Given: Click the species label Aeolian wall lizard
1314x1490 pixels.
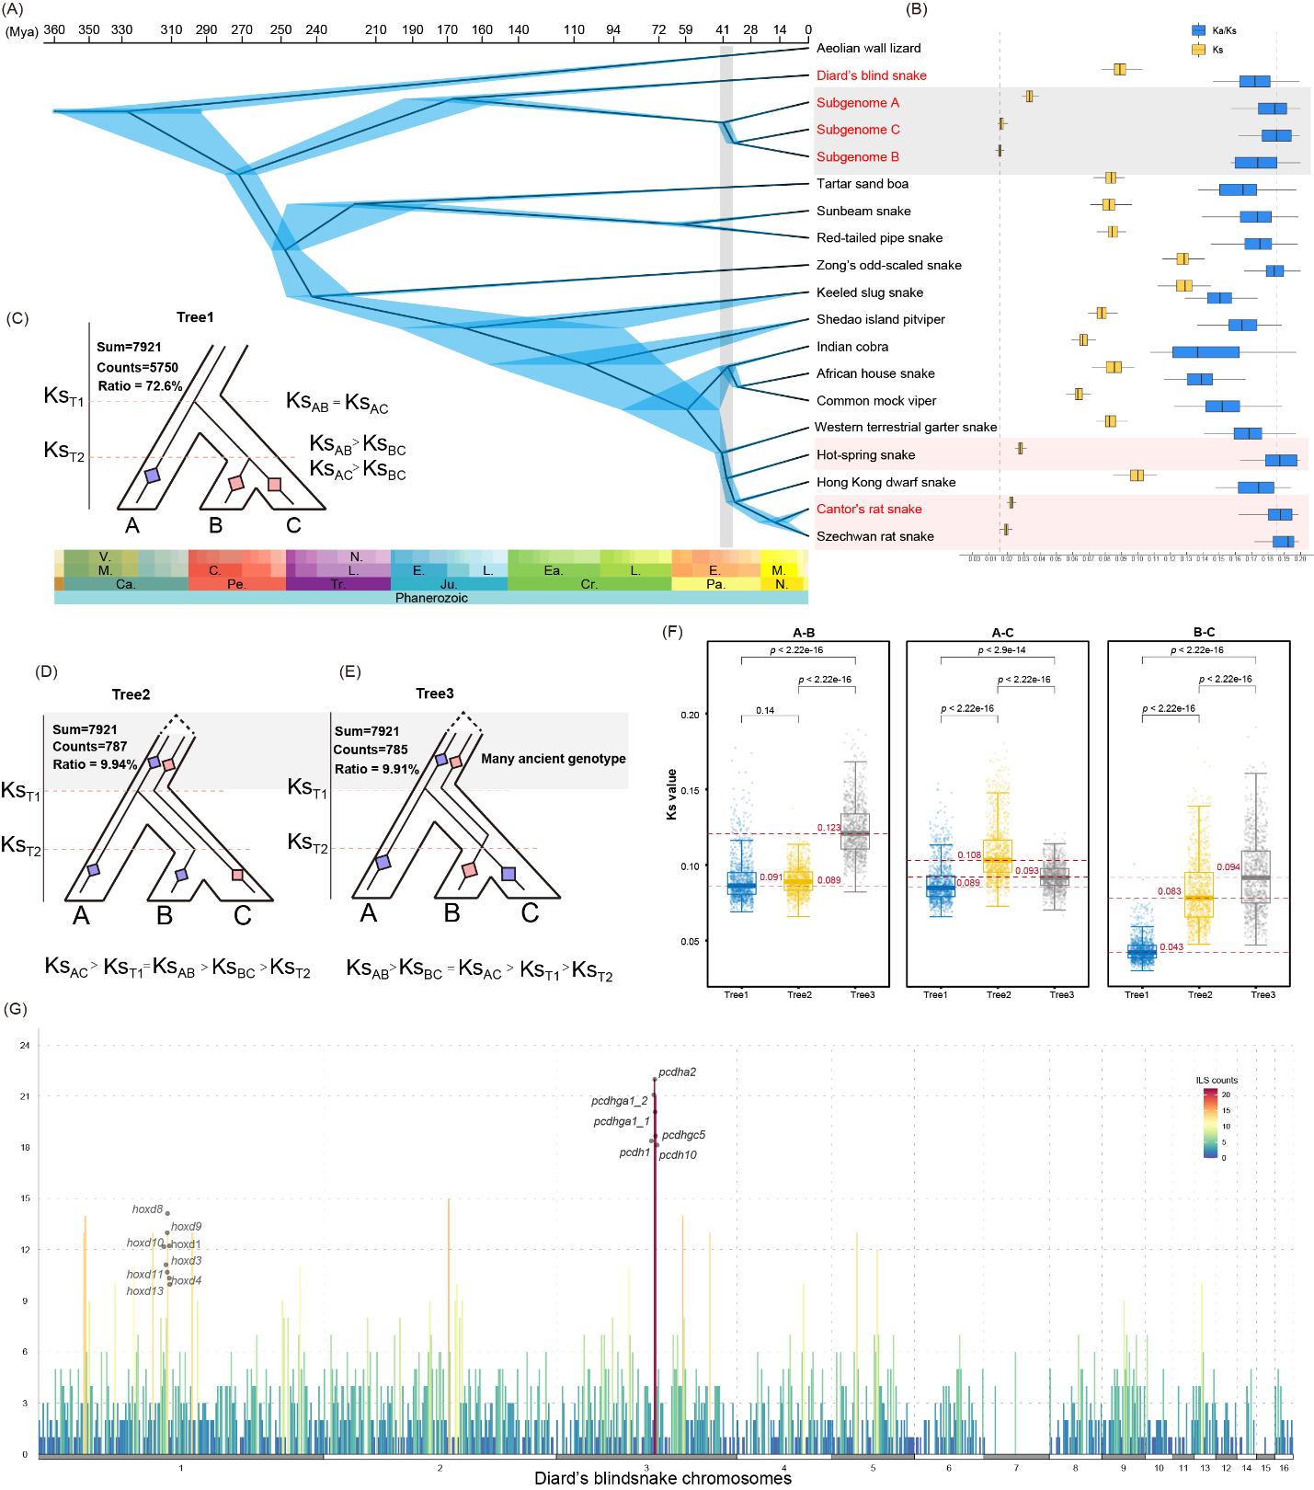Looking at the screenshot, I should pos(868,48).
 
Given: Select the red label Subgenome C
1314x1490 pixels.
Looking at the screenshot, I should pos(858,130).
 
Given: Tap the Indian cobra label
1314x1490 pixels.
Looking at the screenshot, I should pos(852,347).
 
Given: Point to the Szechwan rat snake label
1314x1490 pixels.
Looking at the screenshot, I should pos(874,536).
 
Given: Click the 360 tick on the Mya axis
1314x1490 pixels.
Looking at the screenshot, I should pos(54,30).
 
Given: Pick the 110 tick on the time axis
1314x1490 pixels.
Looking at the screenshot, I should pos(574,30).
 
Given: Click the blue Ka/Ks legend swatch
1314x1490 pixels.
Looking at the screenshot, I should pos(1198,30).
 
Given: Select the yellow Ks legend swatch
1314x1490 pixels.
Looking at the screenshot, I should pos(1198,50).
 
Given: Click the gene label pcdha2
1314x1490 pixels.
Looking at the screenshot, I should pos(677,1072).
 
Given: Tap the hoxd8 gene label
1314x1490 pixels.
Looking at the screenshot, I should pos(147,1209).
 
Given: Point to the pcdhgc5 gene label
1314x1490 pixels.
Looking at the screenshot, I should pos(683,1135).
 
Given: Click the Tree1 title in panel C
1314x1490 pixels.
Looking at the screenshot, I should pos(195,317).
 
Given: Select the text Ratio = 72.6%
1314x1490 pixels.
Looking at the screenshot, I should pos(139,386).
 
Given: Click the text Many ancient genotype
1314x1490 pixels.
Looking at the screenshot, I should pos(553,759).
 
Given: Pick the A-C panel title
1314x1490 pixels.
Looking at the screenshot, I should pos(1002,633).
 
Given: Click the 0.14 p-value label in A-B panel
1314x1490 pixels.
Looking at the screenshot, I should pos(765,710).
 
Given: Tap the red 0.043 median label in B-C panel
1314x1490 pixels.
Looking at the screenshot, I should pos(1171,947).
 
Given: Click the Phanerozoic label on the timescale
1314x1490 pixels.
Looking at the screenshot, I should pos(431,598).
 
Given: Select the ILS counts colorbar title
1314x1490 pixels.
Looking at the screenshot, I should pos(1217,1080).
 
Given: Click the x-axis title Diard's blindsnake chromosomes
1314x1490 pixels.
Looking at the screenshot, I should pos(662,1478).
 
